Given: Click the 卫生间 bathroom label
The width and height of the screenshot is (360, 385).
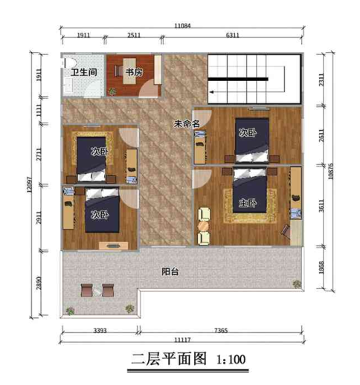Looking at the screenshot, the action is (84, 72).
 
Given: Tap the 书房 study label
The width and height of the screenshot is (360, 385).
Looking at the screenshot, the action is (134, 72).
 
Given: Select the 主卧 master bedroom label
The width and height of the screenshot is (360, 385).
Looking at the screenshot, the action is (248, 203).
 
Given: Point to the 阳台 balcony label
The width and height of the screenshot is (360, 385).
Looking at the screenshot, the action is (170, 271).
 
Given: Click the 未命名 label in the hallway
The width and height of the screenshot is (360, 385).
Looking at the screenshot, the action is (187, 123).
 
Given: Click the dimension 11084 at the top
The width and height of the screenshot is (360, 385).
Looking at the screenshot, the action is (182, 25).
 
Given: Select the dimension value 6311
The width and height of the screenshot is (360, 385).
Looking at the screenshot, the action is (233, 35).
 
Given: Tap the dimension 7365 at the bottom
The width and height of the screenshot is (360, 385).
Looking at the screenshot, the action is (221, 330).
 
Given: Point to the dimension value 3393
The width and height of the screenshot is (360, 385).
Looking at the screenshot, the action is (100, 330).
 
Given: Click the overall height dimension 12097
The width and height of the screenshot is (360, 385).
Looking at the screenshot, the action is (29, 184).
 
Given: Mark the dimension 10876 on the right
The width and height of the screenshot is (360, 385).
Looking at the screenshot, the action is (330, 172).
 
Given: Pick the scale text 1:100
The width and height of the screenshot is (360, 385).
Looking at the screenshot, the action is (231, 360).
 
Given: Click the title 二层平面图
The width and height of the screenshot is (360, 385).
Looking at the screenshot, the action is (169, 359).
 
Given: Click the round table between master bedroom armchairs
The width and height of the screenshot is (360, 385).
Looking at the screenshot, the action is (203, 226).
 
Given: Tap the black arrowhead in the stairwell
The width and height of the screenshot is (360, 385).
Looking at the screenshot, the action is (212, 92).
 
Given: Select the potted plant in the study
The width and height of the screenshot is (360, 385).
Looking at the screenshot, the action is (112, 91).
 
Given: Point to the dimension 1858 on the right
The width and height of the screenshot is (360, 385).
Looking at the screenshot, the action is (321, 268).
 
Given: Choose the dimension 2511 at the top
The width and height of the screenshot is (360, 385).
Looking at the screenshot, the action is (134, 35).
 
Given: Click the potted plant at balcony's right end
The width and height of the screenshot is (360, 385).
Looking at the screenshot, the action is (297, 284).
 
